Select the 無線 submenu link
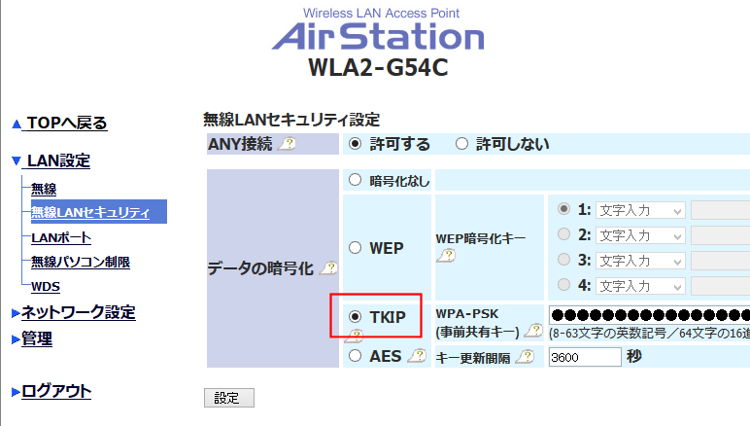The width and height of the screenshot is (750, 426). [x=44, y=189]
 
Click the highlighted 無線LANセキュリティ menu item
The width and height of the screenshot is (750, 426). [x=90, y=212]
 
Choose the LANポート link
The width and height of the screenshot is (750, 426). [x=61, y=237]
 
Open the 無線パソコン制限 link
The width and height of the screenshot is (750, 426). [x=81, y=262]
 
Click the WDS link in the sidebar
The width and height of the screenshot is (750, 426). [x=45, y=286]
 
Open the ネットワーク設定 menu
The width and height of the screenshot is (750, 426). [x=78, y=312]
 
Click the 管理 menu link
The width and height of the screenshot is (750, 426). [x=37, y=338]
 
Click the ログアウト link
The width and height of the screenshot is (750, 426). [x=56, y=391]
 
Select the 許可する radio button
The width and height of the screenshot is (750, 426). [x=355, y=144]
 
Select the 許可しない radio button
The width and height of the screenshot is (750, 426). [x=461, y=144]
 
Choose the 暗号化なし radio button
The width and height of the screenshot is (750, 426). [x=355, y=180]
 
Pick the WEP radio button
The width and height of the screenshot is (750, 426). [x=355, y=247]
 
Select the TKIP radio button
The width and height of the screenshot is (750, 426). [x=355, y=316]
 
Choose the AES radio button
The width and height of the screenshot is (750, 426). [x=355, y=356]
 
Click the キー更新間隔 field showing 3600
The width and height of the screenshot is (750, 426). [x=584, y=357]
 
